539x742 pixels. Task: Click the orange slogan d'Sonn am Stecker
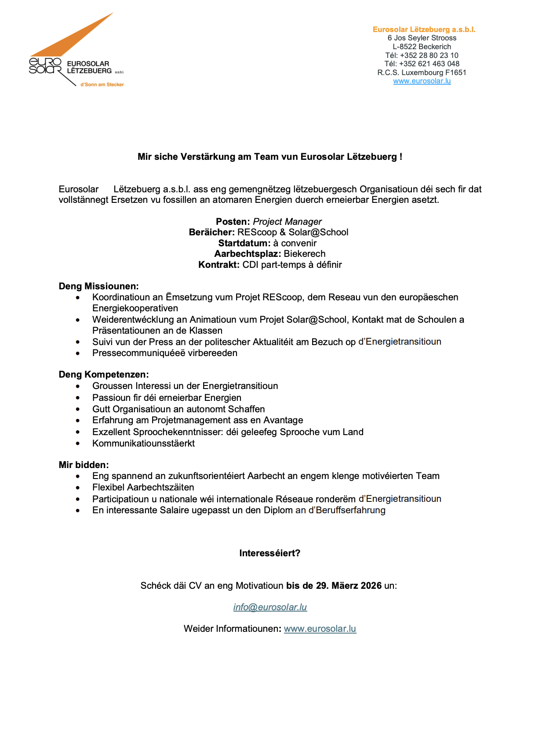[x=102, y=84]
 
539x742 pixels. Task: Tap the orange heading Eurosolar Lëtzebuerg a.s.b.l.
[x=424, y=29]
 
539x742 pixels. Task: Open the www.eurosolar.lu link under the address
[x=422, y=81]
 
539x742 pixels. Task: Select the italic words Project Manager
[x=287, y=222]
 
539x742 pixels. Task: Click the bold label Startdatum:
[x=244, y=243]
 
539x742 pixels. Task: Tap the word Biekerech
[x=305, y=254]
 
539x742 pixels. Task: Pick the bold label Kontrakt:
[x=219, y=265]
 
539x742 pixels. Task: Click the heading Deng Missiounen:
[x=98, y=286]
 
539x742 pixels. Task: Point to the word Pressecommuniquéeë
[x=139, y=353]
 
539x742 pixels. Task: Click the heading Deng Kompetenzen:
[x=104, y=375]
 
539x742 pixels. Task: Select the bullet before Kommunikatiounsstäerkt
[x=78, y=444]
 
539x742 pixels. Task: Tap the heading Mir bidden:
[x=84, y=465]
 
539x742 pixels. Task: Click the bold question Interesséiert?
[x=269, y=553]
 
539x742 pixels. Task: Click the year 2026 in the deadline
[x=371, y=586]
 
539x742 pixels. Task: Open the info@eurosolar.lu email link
[x=270, y=607]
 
